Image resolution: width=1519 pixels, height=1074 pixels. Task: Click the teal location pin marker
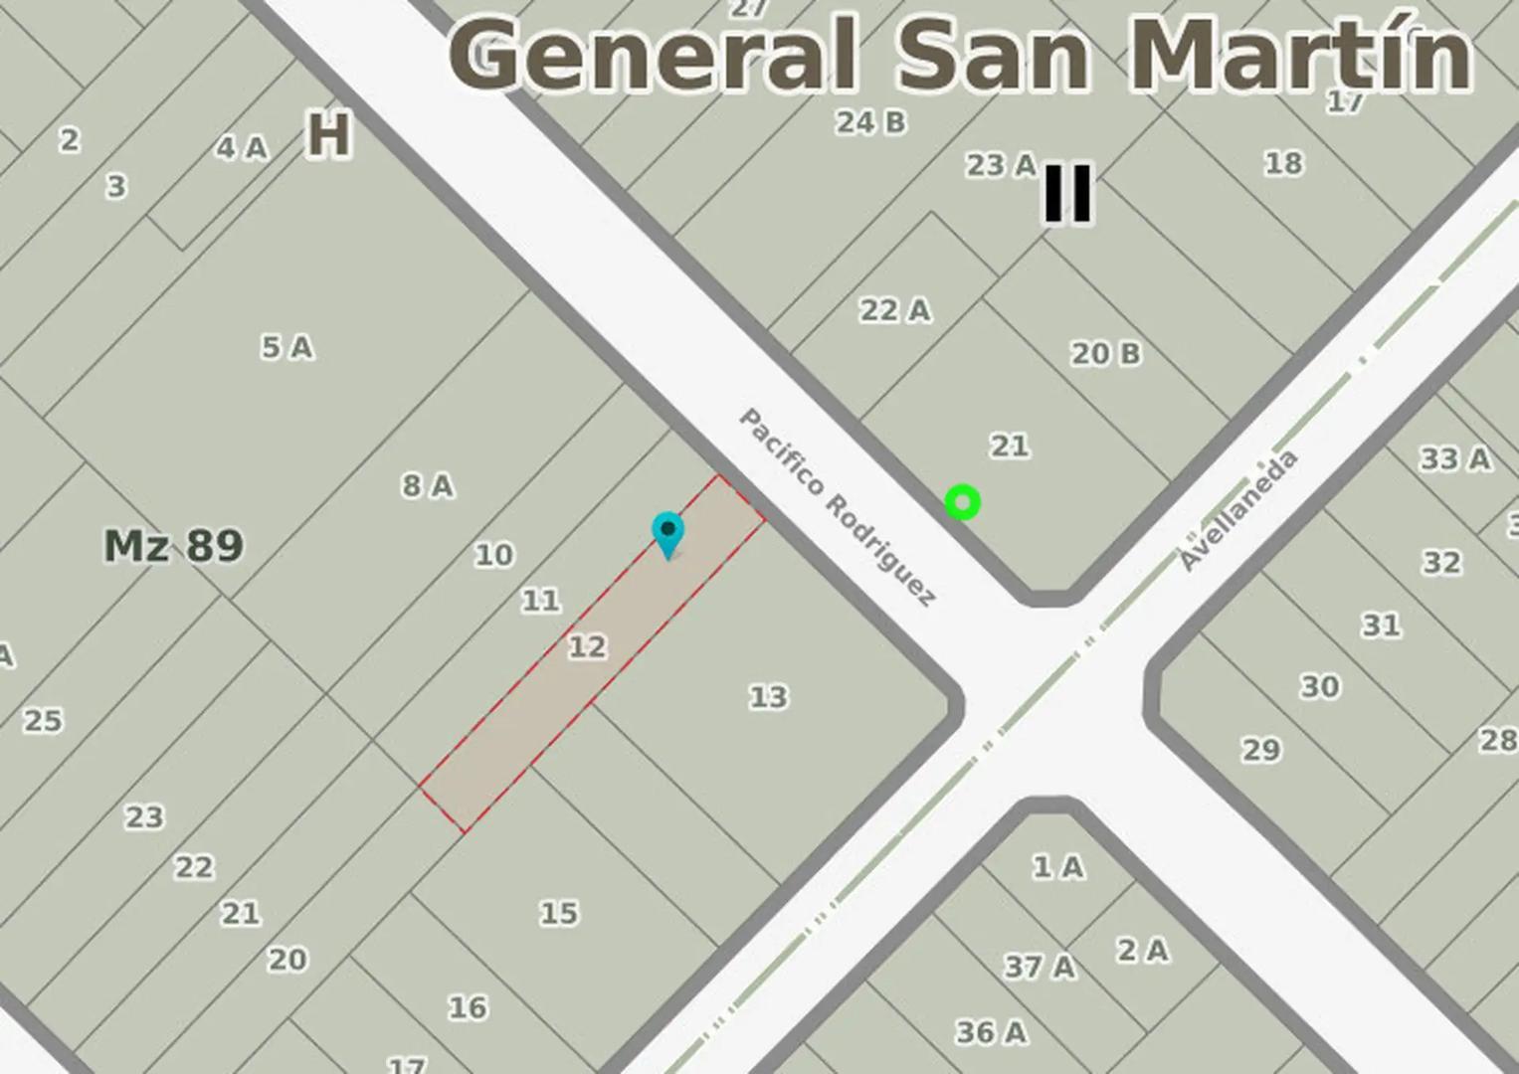[x=667, y=533]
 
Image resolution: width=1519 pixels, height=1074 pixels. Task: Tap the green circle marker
[x=962, y=502]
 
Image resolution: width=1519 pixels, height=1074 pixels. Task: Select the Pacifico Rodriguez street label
[x=838, y=506]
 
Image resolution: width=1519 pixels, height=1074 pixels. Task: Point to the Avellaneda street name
[x=1238, y=510]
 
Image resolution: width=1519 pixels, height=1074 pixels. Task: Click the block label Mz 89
[x=173, y=545]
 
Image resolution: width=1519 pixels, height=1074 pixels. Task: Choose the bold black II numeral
[x=1067, y=193]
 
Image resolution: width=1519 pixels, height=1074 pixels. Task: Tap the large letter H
[x=329, y=134]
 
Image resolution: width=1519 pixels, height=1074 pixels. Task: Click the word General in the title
[x=653, y=54]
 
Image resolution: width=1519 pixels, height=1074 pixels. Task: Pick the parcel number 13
[x=768, y=697]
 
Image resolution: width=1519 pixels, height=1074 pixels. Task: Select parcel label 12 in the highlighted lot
[x=587, y=647]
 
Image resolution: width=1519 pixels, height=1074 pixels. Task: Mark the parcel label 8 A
[x=428, y=485]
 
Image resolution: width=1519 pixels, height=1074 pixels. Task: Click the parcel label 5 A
[x=287, y=347]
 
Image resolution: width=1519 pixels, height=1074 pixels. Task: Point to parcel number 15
[x=559, y=913]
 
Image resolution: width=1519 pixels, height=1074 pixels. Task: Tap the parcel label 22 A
[x=895, y=310]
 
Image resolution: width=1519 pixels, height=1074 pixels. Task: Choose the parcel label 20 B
[x=1105, y=353]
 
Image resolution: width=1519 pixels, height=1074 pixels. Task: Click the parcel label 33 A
[x=1454, y=458]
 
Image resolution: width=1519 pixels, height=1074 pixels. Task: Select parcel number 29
[x=1261, y=749]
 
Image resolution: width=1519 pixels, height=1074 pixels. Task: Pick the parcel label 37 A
[x=1040, y=966]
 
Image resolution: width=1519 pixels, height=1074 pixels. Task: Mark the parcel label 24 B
[x=870, y=122]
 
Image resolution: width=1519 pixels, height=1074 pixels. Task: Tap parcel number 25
[x=43, y=720]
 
